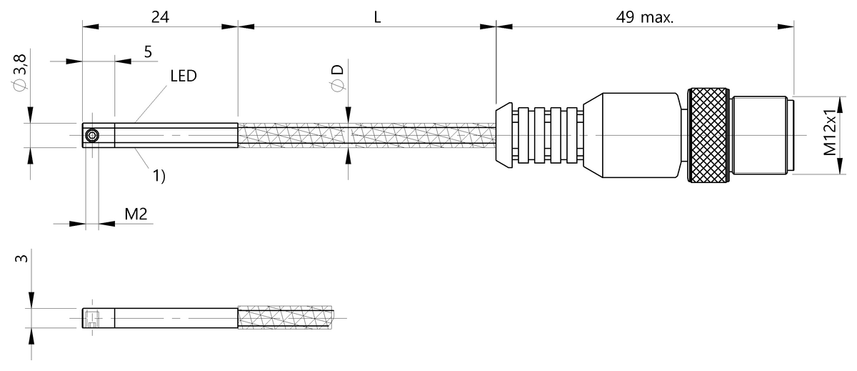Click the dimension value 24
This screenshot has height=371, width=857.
(x=160, y=16)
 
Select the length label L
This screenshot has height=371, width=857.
(x=377, y=16)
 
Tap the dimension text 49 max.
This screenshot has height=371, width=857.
(x=645, y=16)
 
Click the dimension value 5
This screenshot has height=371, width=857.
(x=148, y=51)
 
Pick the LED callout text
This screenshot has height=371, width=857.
(x=184, y=75)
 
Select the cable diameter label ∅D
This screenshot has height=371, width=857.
(x=336, y=78)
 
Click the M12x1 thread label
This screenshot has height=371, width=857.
(x=830, y=134)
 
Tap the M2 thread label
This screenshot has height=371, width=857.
(x=136, y=214)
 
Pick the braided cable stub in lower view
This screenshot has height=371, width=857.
(x=286, y=318)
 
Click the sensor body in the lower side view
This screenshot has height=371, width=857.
(x=175, y=318)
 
